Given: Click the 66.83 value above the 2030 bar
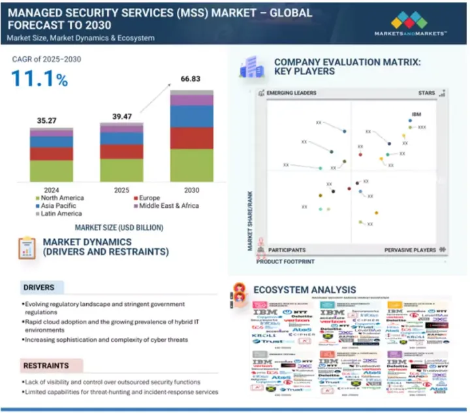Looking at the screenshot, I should click(183, 80).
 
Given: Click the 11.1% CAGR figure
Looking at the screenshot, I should click(39, 79).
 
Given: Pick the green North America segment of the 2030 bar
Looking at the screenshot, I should click(183, 165).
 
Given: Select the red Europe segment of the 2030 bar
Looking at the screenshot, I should click(183, 138).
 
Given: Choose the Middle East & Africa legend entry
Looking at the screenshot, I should click(167, 205).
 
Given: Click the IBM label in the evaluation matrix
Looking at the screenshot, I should click(416, 114).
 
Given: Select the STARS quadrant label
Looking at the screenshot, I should click(426, 93).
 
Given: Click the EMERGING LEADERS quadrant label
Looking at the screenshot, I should click(291, 93).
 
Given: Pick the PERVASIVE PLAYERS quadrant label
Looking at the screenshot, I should click(410, 250).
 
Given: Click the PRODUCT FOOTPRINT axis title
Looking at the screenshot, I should click(285, 261).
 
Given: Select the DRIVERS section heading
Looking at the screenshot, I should click(39, 288).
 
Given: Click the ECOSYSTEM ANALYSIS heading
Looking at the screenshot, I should click(304, 289).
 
